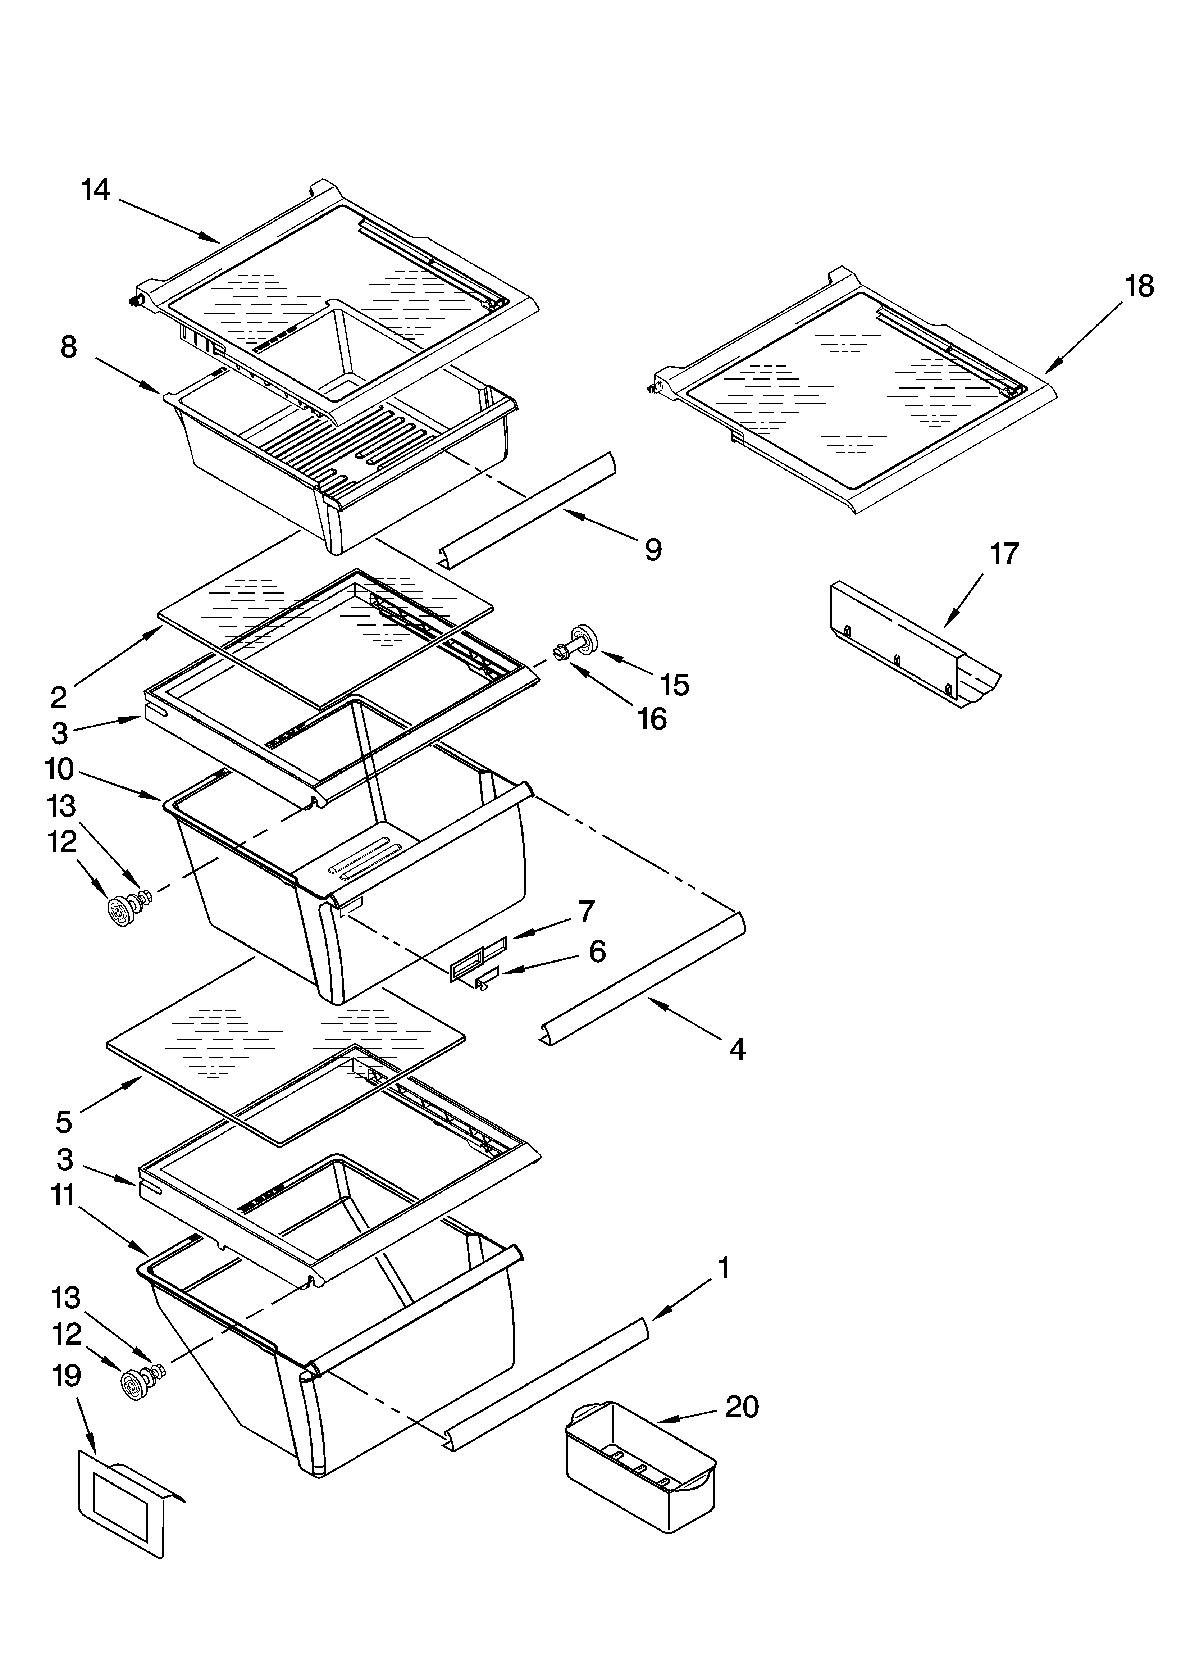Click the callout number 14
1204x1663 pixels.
tap(95, 190)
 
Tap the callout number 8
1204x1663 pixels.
tap(68, 347)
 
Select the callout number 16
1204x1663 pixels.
tap(652, 719)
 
